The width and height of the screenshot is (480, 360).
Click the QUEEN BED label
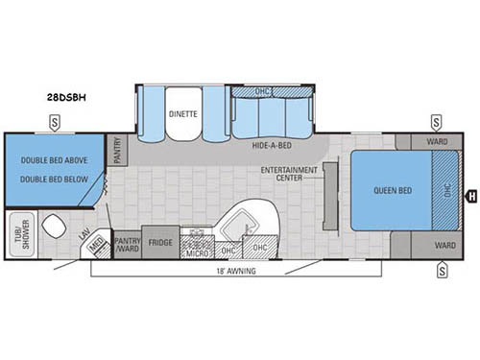(393, 190)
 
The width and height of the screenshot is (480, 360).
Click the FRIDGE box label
(161, 242)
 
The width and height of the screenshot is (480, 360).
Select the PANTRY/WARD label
(128, 244)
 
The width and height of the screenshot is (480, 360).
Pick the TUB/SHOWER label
(16, 236)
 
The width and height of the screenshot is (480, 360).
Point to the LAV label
(85, 234)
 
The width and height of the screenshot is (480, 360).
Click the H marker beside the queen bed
(470, 198)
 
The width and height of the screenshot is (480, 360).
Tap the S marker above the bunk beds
(55, 122)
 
